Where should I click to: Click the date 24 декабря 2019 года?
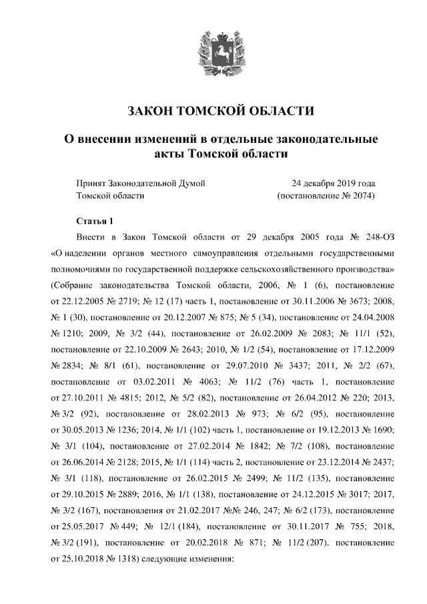(332, 183)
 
